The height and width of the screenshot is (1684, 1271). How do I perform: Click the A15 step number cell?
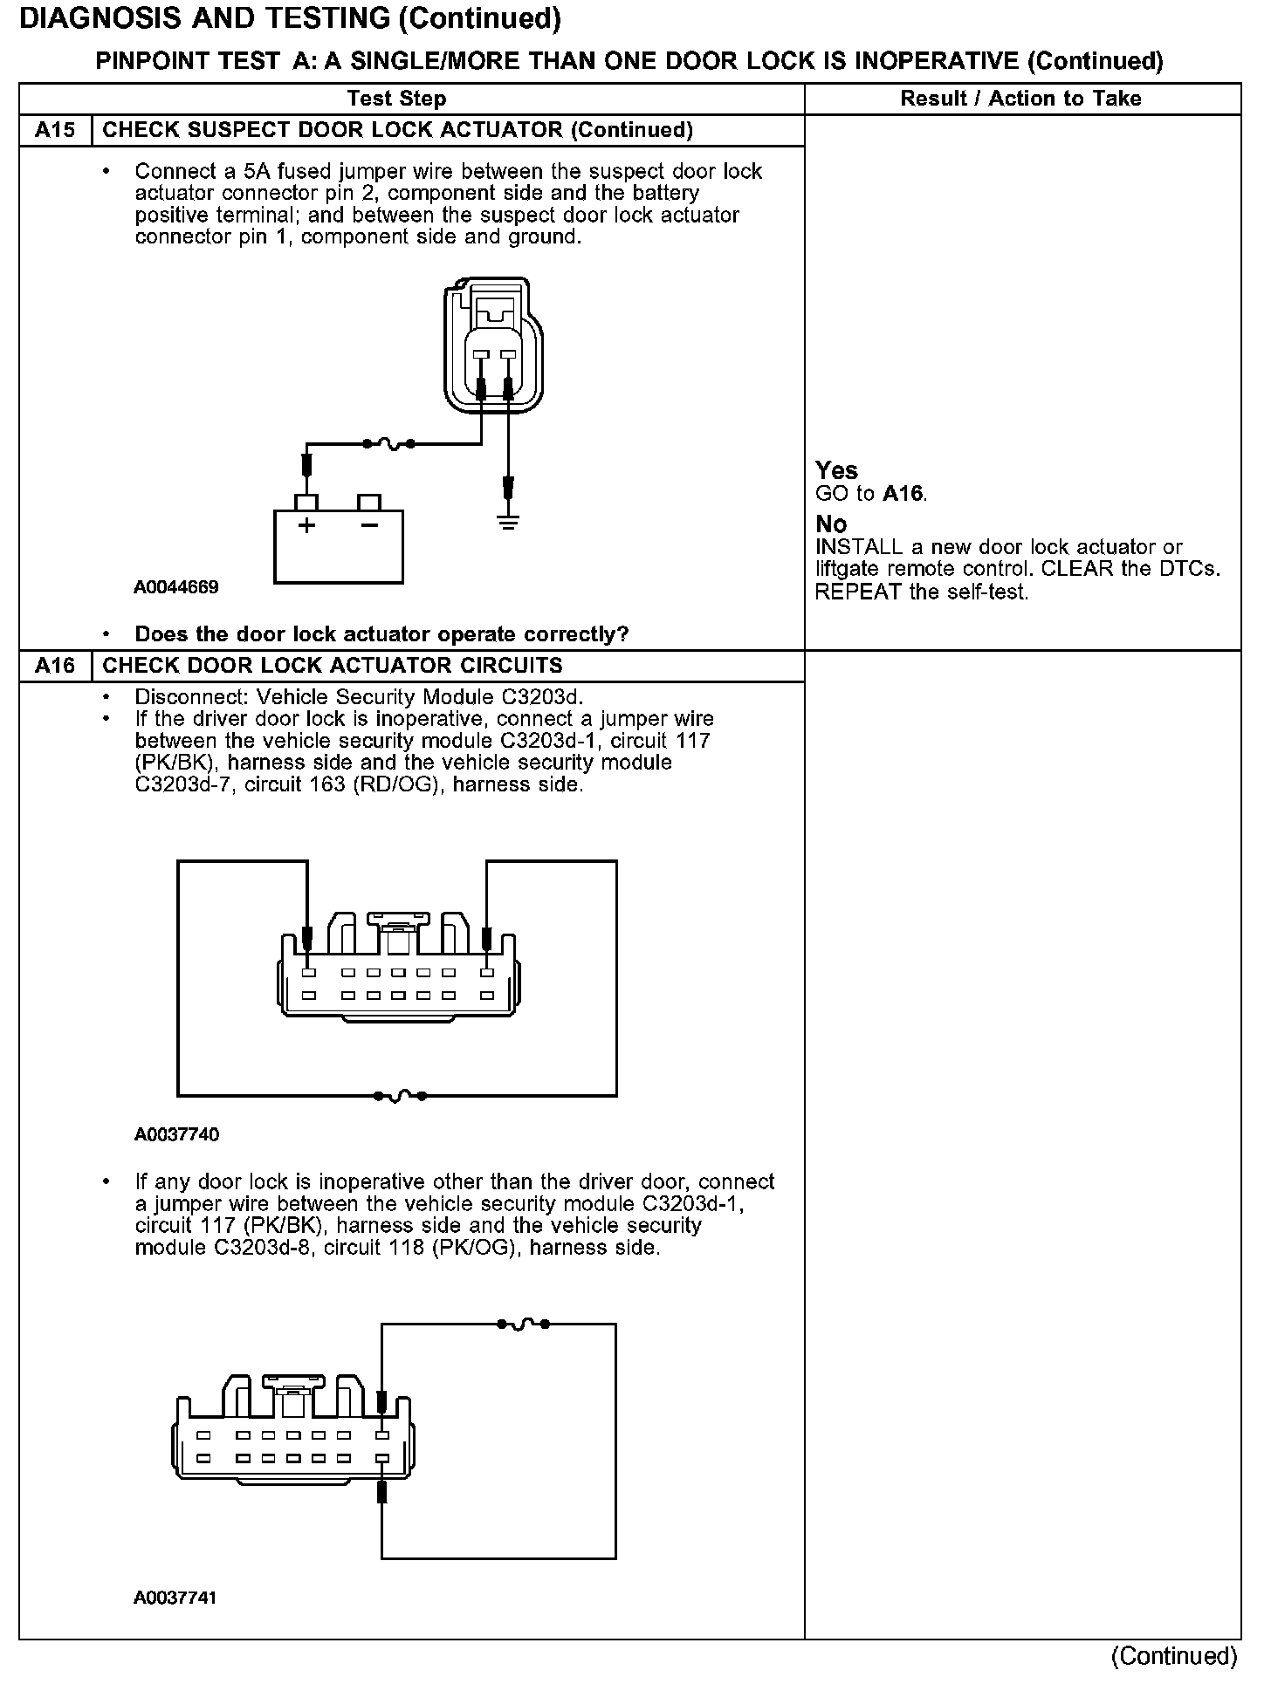click(54, 131)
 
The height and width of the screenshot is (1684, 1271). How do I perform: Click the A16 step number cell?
click(54, 666)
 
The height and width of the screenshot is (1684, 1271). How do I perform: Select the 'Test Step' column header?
click(397, 99)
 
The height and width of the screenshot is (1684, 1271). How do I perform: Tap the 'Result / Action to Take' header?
click(1020, 99)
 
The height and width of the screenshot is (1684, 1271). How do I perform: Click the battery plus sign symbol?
click(306, 525)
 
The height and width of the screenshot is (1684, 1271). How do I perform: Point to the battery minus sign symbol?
click(369, 525)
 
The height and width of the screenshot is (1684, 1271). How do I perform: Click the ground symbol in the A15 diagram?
click(508, 522)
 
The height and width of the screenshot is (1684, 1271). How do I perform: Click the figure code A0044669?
click(175, 587)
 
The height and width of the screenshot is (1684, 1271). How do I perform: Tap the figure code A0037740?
click(176, 1134)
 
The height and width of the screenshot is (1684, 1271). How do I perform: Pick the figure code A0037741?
click(175, 1598)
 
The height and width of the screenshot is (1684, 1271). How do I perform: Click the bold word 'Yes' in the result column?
click(836, 471)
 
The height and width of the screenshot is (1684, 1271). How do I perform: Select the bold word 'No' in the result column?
click(831, 524)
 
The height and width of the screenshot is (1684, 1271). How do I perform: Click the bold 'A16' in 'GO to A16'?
click(903, 494)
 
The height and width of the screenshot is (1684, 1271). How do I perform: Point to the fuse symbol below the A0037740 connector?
click(400, 1095)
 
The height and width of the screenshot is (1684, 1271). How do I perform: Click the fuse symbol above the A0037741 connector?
click(523, 1324)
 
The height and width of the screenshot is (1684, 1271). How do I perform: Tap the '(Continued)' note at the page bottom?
click(1174, 1655)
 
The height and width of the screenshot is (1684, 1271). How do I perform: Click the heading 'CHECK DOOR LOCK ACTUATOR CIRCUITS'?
click(333, 666)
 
